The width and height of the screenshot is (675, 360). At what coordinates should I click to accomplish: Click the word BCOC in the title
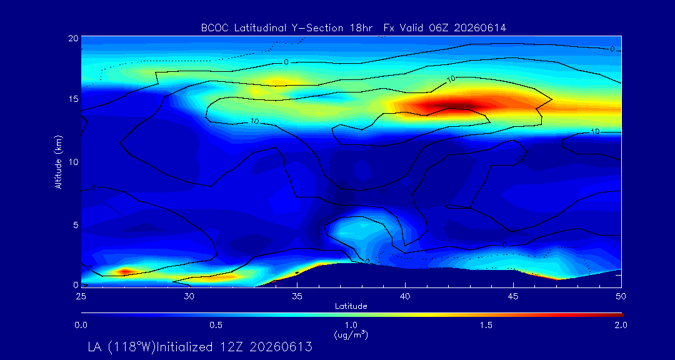pos(214,28)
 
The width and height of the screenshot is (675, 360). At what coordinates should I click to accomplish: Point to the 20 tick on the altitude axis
pos(72,37)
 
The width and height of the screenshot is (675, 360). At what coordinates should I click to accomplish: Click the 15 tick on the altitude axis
pos(73,99)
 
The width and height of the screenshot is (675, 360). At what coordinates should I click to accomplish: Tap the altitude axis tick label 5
pos(76,225)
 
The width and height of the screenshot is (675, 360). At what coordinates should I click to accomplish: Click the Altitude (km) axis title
pos(59,161)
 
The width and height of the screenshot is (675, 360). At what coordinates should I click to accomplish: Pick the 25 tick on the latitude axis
pos(81,296)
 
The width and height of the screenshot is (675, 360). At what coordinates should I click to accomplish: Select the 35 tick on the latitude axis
pos(297,296)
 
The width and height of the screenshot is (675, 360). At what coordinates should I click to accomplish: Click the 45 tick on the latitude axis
pos(513,296)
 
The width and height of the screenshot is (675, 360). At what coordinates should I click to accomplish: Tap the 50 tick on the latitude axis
pos(621,296)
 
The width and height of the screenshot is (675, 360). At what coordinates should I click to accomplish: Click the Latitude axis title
pos(351,306)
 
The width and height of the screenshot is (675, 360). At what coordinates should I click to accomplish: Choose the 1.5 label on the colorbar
pos(486,325)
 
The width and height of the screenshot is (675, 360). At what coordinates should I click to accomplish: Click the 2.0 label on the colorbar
pos(621,325)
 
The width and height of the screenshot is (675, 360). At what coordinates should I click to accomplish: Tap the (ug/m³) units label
pos(351,335)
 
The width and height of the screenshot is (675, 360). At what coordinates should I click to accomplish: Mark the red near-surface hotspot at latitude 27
pos(124,271)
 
